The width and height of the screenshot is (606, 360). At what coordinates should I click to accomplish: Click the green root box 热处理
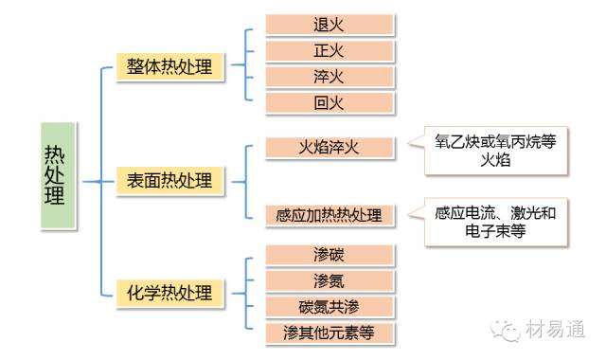[x=58, y=177]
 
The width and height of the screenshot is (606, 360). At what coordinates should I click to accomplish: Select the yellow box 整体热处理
[x=170, y=68]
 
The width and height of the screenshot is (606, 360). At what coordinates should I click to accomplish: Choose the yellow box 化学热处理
[x=170, y=292]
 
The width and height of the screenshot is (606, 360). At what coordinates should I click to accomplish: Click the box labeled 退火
[x=329, y=25]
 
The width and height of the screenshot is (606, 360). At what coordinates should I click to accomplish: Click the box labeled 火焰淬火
[x=329, y=147]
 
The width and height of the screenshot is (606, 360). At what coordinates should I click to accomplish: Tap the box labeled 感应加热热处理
[x=329, y=215]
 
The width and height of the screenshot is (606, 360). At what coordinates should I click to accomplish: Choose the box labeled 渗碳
[x=329, y=255]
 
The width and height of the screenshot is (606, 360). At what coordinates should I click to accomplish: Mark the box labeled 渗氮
[x=329, y=280]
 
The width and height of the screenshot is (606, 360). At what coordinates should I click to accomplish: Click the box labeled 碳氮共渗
[x=329, y=307]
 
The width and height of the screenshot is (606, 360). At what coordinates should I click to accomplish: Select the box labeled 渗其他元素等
[x=329, y=333]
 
